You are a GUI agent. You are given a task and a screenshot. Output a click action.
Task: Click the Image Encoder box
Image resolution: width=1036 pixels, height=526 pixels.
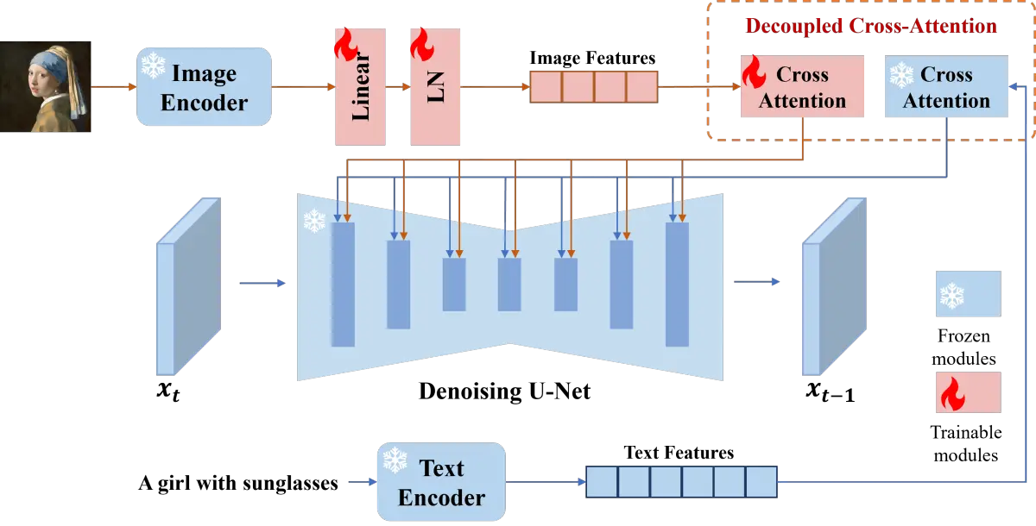point(205,88)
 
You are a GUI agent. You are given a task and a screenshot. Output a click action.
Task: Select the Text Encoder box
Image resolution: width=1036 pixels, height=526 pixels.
point(441,482)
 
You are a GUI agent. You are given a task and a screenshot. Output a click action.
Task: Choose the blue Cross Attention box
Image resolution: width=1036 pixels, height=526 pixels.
point(946,87)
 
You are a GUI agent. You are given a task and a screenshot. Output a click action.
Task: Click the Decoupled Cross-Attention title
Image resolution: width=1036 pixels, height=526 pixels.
point(872,26)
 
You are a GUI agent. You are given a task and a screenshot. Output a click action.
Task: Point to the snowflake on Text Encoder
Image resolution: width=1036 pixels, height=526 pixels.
point(395,460)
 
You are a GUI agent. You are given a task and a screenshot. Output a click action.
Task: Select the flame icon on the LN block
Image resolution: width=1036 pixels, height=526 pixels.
point(422,41)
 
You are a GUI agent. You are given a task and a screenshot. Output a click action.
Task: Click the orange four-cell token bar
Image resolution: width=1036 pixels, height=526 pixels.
point(593,87)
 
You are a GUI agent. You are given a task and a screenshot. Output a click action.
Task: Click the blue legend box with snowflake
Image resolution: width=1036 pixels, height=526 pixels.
point(967,293)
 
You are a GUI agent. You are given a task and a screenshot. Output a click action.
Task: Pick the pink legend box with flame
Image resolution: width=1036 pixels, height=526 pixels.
point(967,392)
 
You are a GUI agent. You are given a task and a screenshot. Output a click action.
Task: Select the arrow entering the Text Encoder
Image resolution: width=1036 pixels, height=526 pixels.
point(361,481)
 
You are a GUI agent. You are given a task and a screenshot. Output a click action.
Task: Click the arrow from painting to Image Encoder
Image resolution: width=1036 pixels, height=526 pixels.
point(113,87)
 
